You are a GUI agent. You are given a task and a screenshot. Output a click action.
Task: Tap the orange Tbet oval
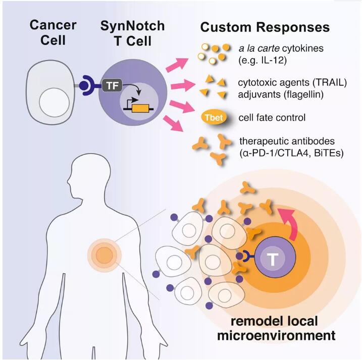point(213,118)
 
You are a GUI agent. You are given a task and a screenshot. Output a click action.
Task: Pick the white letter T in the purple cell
point(273,259)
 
